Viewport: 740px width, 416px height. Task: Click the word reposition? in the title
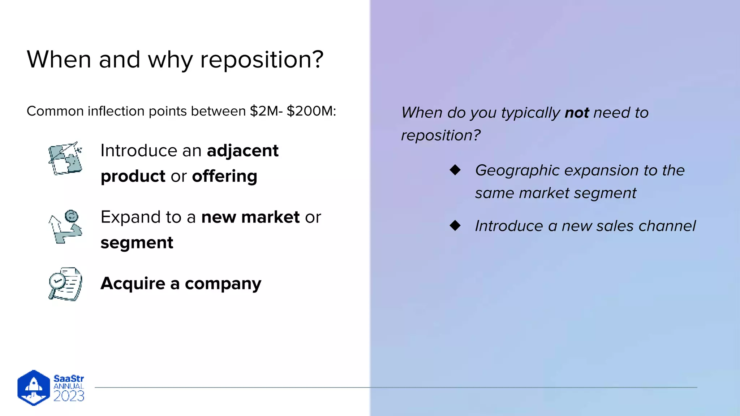(262, 60)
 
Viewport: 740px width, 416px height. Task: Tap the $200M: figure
(311, 111)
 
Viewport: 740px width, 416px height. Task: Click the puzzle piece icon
(65, 159)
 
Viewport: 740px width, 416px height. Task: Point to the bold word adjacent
(242, 151)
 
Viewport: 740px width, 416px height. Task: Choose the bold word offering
(224, 176)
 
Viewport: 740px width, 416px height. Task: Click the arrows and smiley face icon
(65, 226)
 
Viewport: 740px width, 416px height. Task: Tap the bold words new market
(250, 217)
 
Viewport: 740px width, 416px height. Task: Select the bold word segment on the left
(137, 243)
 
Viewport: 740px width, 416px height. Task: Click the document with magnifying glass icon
(65, 284)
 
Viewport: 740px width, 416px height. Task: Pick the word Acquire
(133, 283)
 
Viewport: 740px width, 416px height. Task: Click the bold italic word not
(577, 113)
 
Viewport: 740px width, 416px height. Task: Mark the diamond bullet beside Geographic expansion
(455, 170)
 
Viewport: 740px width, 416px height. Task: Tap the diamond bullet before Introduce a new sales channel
(455, 226)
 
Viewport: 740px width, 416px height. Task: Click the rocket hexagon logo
(34, 387)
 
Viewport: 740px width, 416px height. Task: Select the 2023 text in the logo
(69, 396)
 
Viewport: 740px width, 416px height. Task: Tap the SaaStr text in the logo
(69, 378)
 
